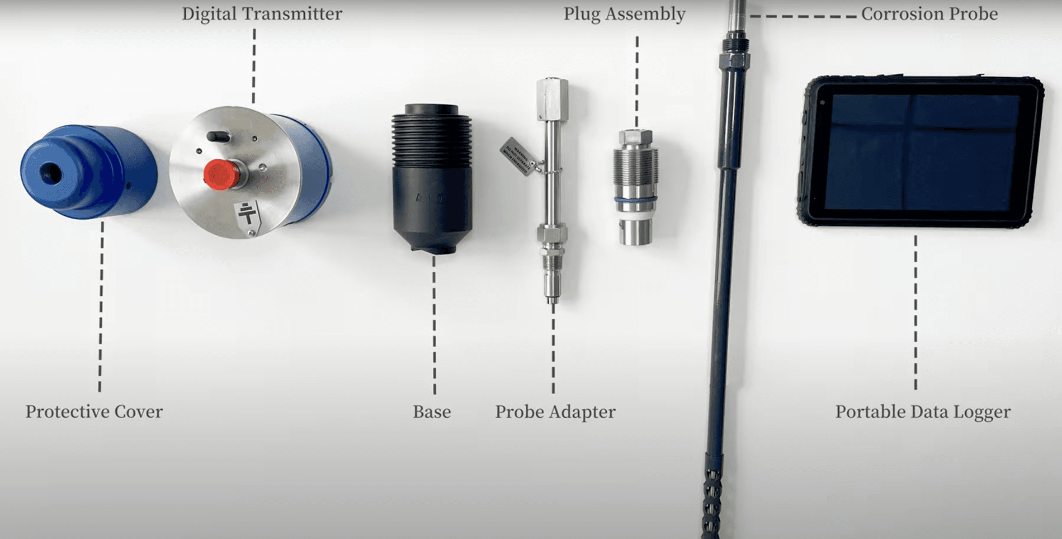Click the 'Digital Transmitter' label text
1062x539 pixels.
(x=262, y=14)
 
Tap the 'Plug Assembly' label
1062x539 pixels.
(x=624, y=14)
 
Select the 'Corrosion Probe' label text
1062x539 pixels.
(x=929, y=14)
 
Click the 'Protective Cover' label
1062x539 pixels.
(x=94, y=412)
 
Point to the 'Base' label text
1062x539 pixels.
(x=432, y=412)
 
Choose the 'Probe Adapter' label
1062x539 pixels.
(x=555, y=412)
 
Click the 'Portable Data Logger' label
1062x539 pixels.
(x=923, y=412)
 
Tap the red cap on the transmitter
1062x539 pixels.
(x=220, y=174)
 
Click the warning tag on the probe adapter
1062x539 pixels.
(x=517, y=156)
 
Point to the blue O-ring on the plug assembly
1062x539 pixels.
(x=635, y=200)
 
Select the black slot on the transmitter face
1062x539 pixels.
(x=218, y=136)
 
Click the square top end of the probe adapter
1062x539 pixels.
(x=552, y=98)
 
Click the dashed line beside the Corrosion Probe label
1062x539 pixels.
(x=803, y=16)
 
